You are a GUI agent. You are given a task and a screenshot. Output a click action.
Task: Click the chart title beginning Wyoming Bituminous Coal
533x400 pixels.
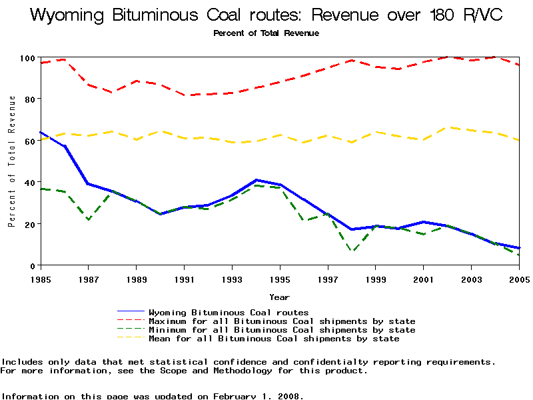pyautogui.click(x=266, y=15)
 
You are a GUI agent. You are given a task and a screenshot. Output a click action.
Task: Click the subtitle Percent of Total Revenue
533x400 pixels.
pyautogui.click(x=266, y=33)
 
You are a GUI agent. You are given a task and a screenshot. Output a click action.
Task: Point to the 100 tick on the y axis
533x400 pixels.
pyautogui.click(x=28, y=58)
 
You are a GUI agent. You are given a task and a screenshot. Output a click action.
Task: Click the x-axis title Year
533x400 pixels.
pyautogui.click(x=279, y=297)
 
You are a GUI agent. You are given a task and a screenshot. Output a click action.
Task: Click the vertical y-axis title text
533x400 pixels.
pyautogui.click(x=12, y=161)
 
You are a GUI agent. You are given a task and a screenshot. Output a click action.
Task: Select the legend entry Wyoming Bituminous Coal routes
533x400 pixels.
pyautogui.click(x=229, y=312)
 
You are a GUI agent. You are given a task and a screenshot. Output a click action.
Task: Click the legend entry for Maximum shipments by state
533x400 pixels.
pyautogui.click(x=282, y=321)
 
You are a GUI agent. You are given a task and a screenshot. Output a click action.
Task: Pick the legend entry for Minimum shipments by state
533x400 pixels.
pyautogui.click(x=282, y=330)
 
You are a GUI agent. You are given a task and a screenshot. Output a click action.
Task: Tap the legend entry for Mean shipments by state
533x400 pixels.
pyautogui.click(x=274, y=339)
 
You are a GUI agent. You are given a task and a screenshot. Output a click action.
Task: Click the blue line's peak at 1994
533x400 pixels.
pyautogui.click(x=256, y=180)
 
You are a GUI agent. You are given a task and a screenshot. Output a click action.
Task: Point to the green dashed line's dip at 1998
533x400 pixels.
pyautogui.click(x=352, y=251)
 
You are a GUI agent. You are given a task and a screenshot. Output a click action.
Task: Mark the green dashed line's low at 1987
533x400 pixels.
pyautogui.click(x=89, y=219)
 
